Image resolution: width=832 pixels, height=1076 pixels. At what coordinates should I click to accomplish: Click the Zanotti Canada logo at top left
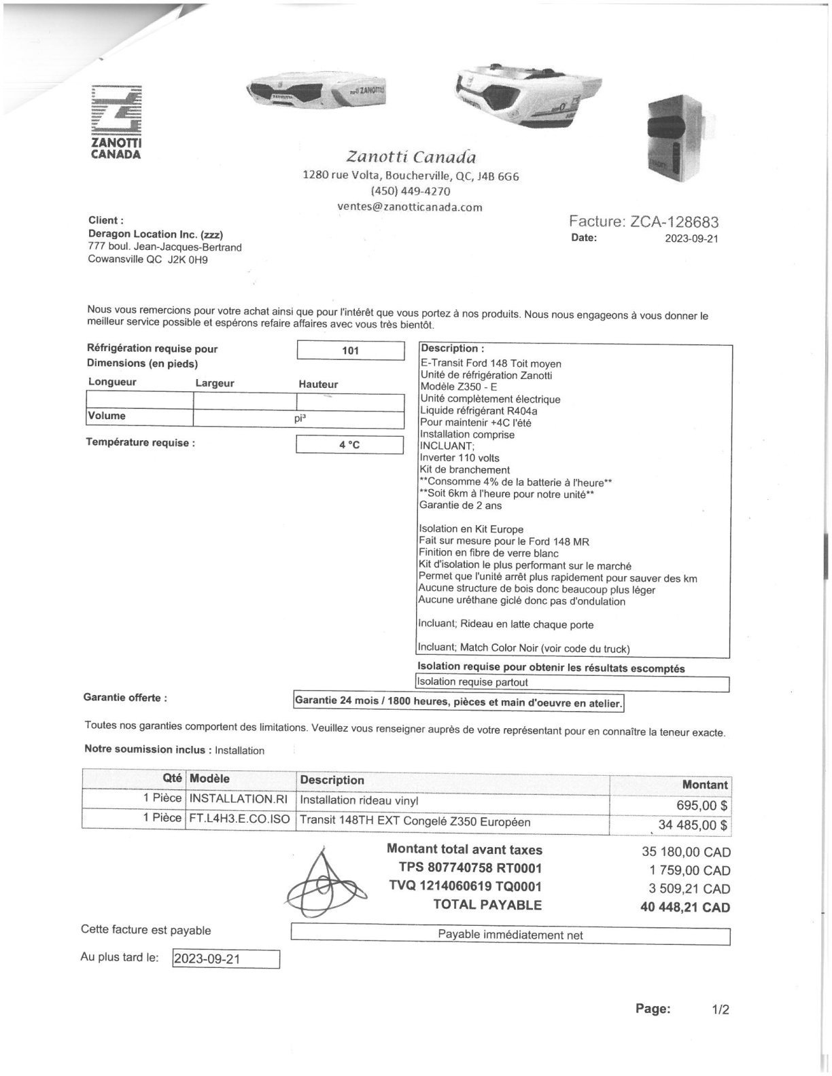[x=116, y=122]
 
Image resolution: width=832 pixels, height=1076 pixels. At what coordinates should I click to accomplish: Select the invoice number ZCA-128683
[x=674, y=221]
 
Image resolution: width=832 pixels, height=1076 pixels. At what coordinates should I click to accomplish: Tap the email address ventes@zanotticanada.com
[x=410, y=207]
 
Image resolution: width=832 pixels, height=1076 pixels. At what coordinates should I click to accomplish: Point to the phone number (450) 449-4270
[x=410, y=192]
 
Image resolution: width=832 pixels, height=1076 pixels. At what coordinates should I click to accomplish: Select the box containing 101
[x=351, y=351]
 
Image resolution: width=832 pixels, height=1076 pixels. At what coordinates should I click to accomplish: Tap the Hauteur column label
[x=318, y=384]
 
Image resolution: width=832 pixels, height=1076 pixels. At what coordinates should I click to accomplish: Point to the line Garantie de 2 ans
[x=461, y=505]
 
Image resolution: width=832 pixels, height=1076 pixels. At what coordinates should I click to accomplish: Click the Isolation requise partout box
[x=572, y=683]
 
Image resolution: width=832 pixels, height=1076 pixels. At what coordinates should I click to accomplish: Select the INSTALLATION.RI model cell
[x=239, y=800]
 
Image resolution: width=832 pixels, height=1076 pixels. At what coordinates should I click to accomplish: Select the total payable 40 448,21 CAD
[x=685, y=908]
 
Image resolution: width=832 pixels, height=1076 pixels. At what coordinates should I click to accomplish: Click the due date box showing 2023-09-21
[x=225, y=959]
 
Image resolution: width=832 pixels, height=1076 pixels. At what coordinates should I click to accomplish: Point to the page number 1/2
[x=720, y=1010]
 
